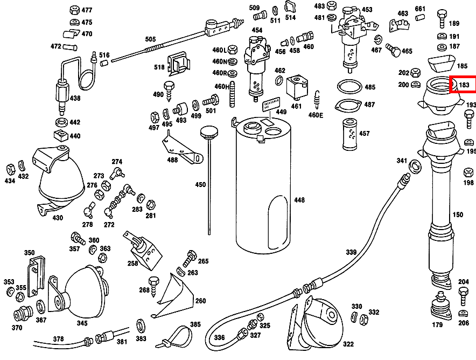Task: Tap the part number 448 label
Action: (299, 200)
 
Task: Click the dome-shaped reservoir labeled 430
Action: (60, 181)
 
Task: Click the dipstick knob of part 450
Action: (207, 132)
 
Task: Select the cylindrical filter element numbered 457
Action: (349, 133)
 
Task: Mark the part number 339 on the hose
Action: (351, 252)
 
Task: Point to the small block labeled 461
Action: (297, 87)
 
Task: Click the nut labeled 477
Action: (74, 10)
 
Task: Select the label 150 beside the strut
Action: (458, 215)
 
